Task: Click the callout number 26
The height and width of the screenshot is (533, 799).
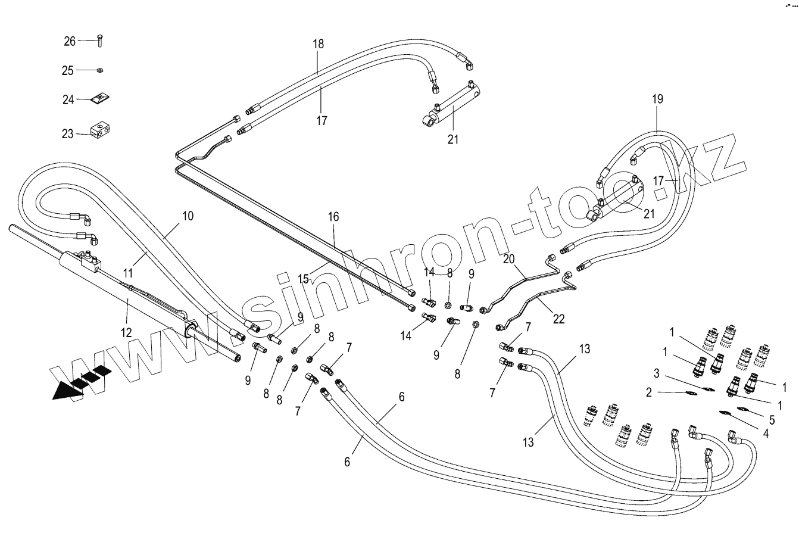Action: (70, 41)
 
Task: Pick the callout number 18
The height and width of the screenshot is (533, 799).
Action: (318, 43)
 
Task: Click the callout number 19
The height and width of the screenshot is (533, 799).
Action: (657, 99)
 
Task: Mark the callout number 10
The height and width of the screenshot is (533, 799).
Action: (188, 216)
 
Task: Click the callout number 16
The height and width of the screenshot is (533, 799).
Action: (333, 217)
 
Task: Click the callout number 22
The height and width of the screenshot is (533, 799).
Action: (559, 320)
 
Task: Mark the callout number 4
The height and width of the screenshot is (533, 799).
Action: (766, 434)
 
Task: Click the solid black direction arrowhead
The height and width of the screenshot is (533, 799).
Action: (64, 392)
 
